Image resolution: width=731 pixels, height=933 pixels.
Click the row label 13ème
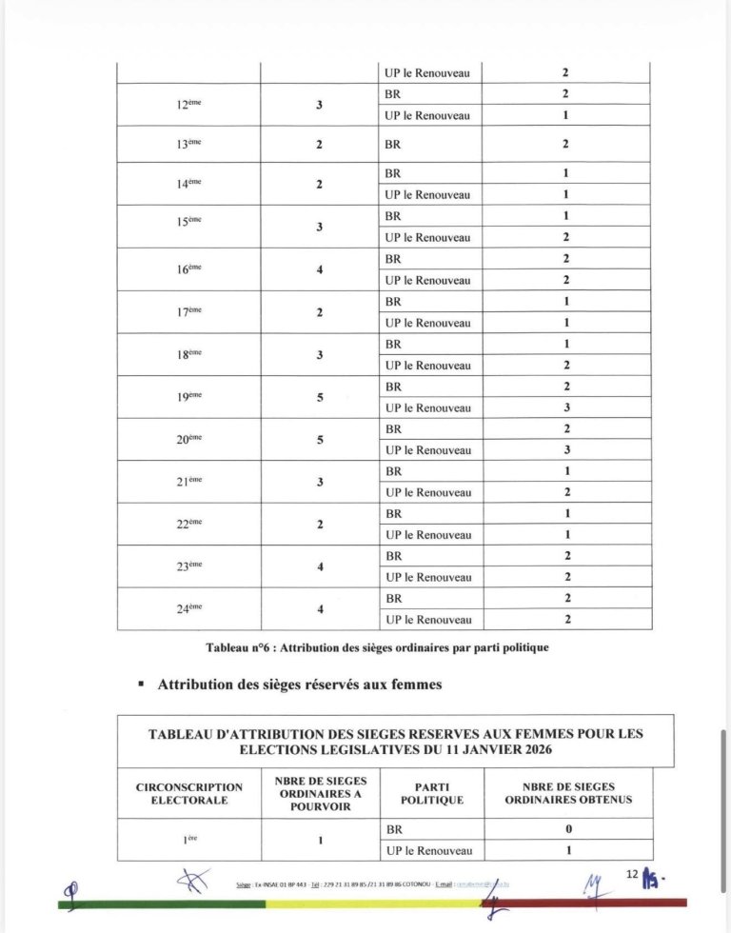point(188,145)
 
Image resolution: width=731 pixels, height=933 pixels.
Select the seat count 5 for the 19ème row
point(320,397)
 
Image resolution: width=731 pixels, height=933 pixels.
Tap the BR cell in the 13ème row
point(393,145)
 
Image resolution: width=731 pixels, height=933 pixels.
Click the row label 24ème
point(188,609)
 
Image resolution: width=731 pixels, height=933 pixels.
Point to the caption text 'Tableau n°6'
point(238,647)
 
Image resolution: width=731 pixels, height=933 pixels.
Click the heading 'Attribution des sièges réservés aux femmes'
point(299,685)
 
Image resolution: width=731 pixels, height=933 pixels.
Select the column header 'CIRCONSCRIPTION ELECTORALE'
point(189,794)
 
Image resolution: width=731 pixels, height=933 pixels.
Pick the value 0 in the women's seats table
point(565,830)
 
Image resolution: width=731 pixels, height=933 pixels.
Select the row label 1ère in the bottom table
point(188,840)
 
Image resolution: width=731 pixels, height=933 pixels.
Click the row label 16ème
point(188,269)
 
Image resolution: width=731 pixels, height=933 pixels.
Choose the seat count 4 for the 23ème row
point(320,566)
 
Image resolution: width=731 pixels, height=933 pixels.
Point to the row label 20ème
point(188,440)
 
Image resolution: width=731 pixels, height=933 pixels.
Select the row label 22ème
point(188,525)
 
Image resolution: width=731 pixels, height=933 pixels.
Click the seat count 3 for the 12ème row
point(320,105)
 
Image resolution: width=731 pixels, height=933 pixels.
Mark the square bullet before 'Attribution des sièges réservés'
point(141,685)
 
